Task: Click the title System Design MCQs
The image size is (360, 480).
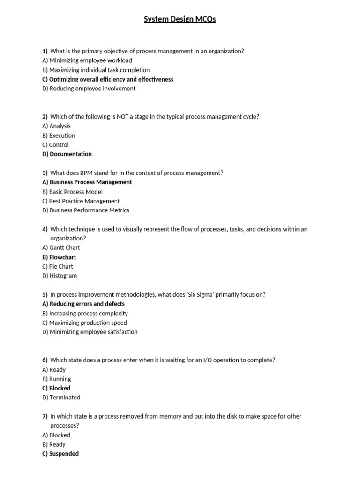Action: point(180,20)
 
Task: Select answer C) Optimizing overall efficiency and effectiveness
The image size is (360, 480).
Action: point(108,79)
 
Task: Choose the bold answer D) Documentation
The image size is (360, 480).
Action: point(67,154)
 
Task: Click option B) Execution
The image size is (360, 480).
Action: point(59,135)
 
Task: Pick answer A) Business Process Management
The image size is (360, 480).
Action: point(87,182)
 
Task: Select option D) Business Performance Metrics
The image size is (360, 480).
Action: point(86,210)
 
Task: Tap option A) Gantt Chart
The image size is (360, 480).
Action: point(61,247)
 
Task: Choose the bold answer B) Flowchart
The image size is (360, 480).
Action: point(59,257)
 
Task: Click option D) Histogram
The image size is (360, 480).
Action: point(60,276)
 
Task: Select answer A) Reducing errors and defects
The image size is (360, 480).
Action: point(83,304)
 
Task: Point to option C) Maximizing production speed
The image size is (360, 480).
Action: point(84,322)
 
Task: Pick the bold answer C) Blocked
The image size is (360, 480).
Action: point(56,388)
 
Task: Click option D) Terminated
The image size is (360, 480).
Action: point(61,397)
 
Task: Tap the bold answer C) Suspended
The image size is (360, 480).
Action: point(60,454)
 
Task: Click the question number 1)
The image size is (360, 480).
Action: point(45,51)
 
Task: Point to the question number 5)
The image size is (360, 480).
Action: point(45,294)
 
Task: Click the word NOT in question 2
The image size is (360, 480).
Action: point(118,117)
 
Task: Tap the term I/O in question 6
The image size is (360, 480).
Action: point(210,360)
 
